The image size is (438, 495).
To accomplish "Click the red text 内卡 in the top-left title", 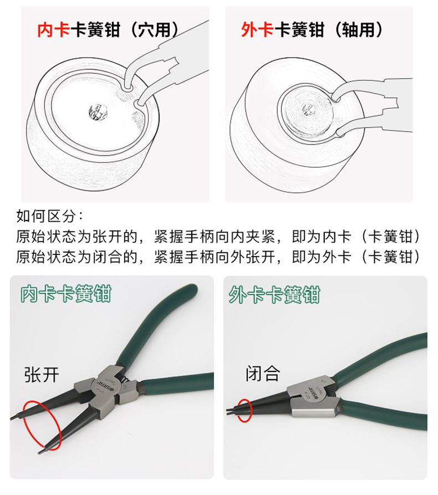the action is tap(53, 30).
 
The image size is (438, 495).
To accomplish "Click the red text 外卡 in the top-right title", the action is tap(257, 30).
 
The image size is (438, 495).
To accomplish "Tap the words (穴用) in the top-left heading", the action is tap(154, 30).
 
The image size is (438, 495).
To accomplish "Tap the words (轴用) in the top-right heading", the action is tap(358, 30).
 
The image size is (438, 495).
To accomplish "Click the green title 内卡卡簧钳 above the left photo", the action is tap(65, 294).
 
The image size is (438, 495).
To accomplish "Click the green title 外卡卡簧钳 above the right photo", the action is tap(274, 295).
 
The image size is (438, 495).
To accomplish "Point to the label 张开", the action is tap(42, 375).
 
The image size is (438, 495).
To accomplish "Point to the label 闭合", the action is tap(263, 373).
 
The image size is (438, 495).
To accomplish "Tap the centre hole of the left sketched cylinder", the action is tap(98, 113).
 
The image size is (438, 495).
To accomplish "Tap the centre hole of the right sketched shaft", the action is tap(308, 109).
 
